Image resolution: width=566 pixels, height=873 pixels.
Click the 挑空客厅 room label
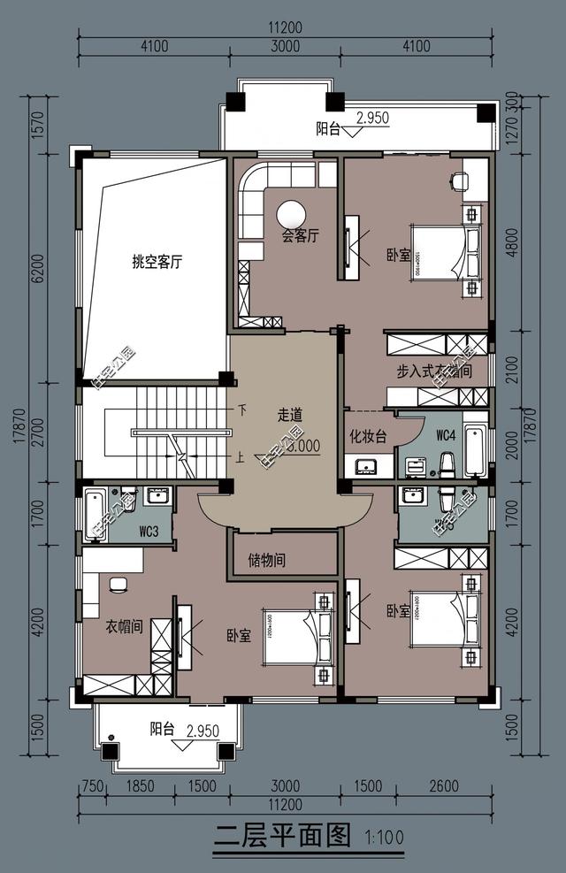coord(157,262)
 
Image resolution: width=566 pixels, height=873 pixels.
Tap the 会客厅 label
coord(300,236)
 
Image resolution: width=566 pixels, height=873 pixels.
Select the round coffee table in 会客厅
coord(292,214)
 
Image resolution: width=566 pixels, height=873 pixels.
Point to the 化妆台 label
coord(368,436)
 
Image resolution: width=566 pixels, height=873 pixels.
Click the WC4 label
coord(445,436)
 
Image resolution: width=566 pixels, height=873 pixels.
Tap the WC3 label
coord(149,532)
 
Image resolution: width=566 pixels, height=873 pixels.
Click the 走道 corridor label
coord(290,414)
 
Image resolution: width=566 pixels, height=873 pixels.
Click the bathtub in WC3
coord(95,516)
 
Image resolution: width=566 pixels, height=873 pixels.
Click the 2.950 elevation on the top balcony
coord(372,118)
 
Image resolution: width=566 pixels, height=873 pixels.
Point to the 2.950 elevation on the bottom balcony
coord(203,730)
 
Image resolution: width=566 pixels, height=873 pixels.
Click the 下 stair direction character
coord(241,410)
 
